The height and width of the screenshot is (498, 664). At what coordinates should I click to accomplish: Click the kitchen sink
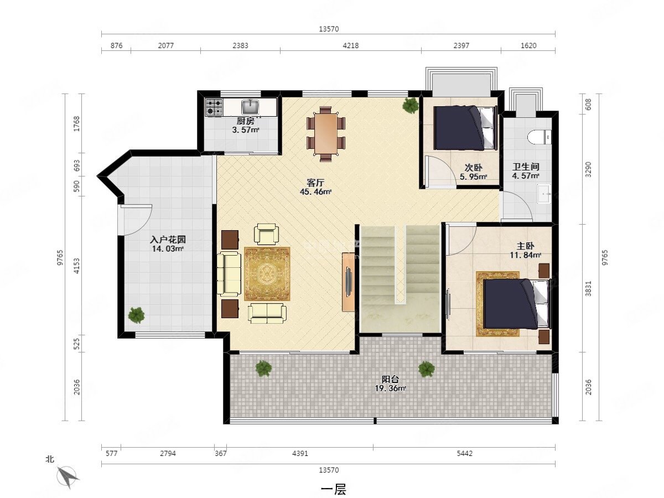click(x=250, y=107)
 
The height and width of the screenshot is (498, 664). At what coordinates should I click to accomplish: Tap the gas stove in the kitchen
click(x=214, y=107)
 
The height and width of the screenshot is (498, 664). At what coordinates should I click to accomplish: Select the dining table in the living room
click(x=326, y=133)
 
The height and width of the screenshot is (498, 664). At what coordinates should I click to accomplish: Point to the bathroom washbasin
click(x=544, y=194)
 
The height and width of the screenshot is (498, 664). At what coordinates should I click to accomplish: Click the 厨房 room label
click(x=245, y=121)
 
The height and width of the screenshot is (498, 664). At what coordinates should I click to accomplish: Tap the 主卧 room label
click(x=525, y=246)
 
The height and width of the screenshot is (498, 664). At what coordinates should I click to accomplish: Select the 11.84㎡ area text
click(x=526, y=255)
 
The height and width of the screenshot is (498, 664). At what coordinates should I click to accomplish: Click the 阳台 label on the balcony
click(x=390, y=379)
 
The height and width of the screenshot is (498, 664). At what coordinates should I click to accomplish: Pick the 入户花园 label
click(x=168, y=240)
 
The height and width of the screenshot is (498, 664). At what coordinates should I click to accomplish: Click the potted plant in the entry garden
click(x=136, y=315)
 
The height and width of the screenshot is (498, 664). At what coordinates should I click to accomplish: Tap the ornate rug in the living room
click(x=267, y=274)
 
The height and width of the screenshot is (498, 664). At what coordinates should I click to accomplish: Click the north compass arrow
click(x=68, y=477)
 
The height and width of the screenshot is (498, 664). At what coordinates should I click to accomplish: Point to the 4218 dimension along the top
click(x=351, y=46)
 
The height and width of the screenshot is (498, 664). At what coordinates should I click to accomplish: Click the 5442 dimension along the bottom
click(x=464, y=454)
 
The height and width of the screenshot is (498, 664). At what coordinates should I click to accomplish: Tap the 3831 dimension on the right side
click(x=588, y=288)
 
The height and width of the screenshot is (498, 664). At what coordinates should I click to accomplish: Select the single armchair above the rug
click(x=266, y=234)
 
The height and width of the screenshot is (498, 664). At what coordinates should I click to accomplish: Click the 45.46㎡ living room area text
click(x=315, y=191)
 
